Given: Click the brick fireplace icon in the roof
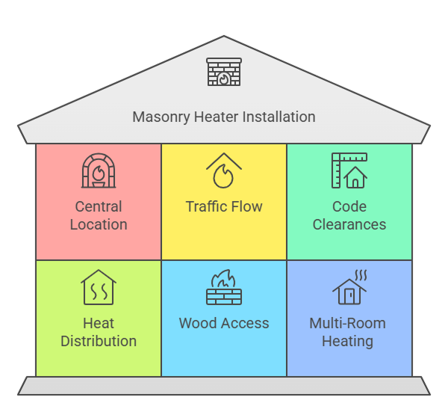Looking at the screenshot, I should (224, 73).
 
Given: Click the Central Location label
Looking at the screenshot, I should (99, 215).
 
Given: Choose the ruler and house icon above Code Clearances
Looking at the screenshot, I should (349, 170).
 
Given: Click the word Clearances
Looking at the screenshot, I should (349, 224).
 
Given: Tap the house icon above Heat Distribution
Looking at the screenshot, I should (99, 288).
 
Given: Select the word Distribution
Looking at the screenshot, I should (99, 341).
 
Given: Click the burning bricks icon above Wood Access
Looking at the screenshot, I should (224, 288).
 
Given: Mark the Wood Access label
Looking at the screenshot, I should (224, 324).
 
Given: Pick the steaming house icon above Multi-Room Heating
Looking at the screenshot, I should (349, 288).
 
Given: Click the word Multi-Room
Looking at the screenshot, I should (348, 324).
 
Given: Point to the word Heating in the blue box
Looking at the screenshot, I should (348, 341).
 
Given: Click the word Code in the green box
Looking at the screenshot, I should (349, 206).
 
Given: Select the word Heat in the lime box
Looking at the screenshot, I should (99, 324).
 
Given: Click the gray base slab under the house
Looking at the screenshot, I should (224, 386).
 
